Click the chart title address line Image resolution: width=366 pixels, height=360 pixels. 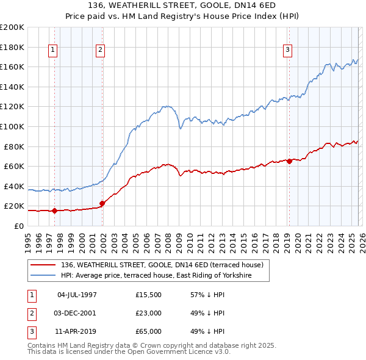click(183, 6)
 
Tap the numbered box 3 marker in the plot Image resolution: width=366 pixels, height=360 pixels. click(288, 51)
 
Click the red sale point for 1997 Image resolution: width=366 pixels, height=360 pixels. click(54, 211)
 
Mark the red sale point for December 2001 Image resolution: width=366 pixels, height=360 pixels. click(102, 203)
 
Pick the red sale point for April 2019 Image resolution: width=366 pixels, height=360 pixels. click(289, 161)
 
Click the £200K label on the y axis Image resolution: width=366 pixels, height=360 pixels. click(13, 27)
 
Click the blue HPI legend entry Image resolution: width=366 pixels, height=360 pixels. click(165, 276)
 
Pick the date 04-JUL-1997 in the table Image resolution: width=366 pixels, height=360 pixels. click(77, 294)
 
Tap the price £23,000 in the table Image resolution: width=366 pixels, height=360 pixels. click(149, 313)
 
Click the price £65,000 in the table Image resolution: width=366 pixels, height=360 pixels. click(149, 332)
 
